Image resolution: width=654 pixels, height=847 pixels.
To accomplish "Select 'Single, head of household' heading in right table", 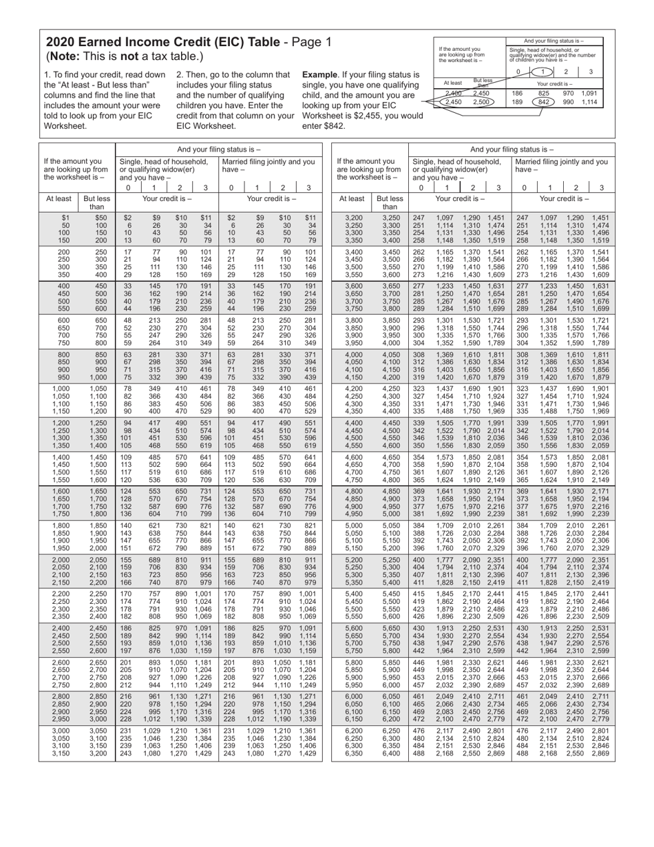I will (455, 162).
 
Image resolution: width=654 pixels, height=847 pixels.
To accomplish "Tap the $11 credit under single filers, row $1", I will (205, 217).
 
